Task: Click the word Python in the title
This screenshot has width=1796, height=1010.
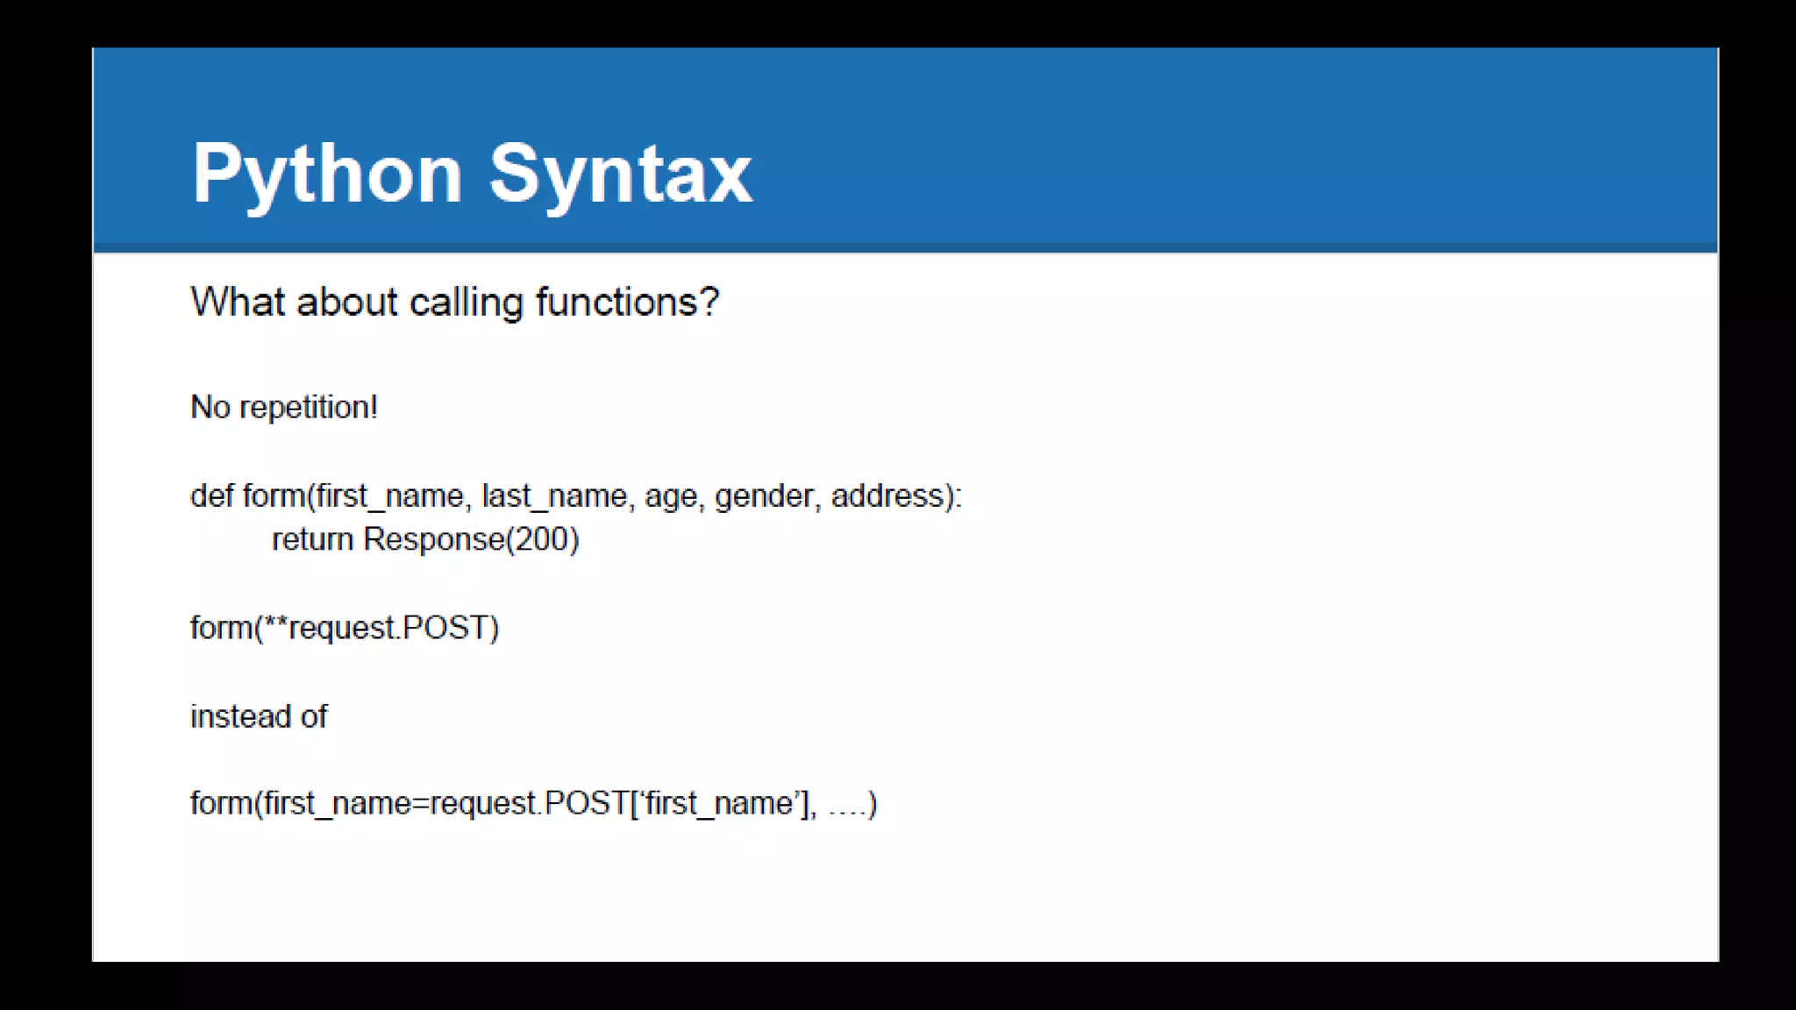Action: pyautogui.click(x=326, y=174)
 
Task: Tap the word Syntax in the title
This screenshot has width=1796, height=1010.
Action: pyautogui.click(x=620, y=174)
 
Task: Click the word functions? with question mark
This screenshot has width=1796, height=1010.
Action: pyautogui.click(x=627, y=302)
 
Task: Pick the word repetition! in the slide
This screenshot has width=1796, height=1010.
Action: pyautogui.click(x=309, y=408)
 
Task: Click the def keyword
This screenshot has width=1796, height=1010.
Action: pyautogui.click(x=211, y=496)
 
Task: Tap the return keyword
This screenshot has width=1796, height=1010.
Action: pyautogui.click(x=312, y=540)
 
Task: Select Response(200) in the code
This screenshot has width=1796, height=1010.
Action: pyautogui.click(x=472, y=540)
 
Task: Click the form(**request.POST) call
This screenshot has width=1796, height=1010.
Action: pyautogui.click(x=345, y=629)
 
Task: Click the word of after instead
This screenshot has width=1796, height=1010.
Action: pyautogui.click(x=314, y=717)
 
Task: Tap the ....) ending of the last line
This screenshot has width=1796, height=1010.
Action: pyautogui.click(x=852, y=804)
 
